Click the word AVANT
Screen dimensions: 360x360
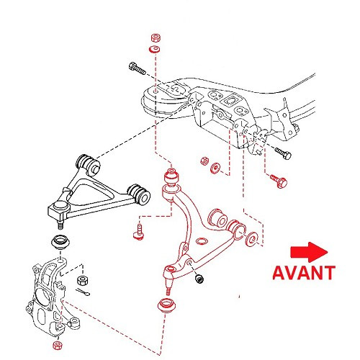[303, 272]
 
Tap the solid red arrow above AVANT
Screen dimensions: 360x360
[307, 252]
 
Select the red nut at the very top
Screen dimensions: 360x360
[155, 37]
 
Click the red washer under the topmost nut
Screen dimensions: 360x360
[155, 50]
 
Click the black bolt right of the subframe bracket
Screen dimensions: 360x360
[282, 153]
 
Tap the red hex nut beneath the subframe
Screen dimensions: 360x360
[204, 161]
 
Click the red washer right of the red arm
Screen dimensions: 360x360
[251, 238]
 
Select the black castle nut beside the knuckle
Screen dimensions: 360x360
[82, 278]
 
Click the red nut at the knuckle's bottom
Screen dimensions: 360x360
[57, 345]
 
